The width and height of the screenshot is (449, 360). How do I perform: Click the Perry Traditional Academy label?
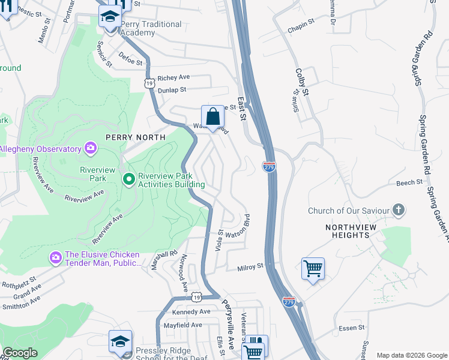151,28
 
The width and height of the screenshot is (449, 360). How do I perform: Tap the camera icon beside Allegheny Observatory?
91,148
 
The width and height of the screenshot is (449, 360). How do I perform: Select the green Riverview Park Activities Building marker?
128,179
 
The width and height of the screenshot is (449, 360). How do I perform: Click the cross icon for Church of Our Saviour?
397,210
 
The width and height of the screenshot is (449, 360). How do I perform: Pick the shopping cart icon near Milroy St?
313,268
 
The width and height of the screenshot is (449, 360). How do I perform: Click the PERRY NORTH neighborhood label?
135,137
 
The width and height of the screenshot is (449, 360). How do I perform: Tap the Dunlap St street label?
172,90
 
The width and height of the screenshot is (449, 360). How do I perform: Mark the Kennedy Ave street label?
191,312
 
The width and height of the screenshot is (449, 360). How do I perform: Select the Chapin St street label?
301,22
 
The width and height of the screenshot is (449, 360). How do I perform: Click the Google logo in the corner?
20,353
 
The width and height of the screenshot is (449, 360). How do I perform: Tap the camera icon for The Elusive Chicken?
55,257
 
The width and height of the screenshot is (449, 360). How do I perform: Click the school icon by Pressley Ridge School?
120,341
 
